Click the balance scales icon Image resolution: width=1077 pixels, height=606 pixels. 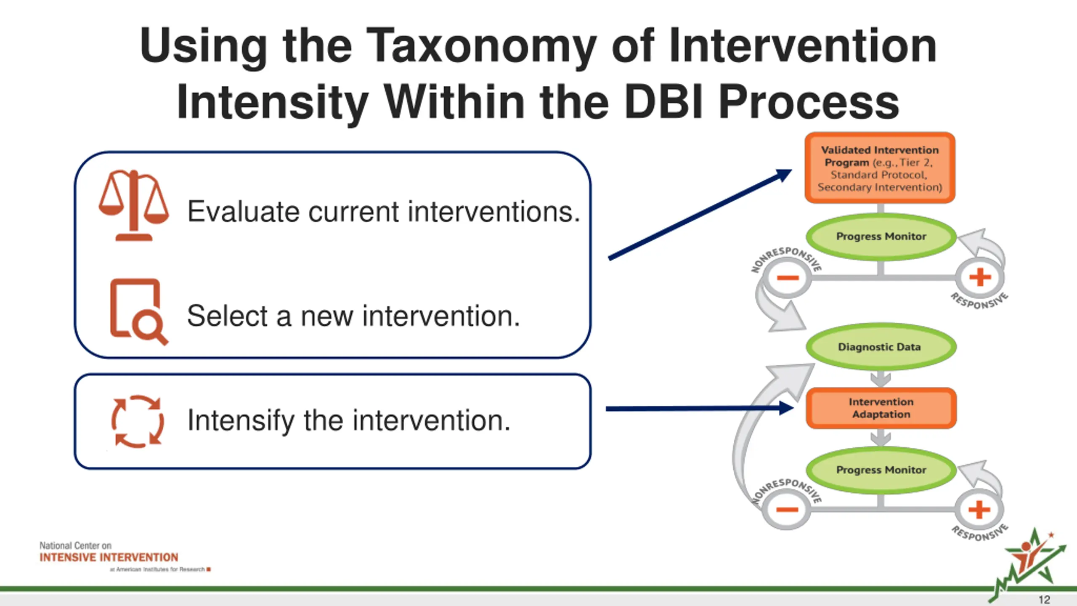click(134, 205)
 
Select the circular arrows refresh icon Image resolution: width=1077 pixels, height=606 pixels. click(137, 421)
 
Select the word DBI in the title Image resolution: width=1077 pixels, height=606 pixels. click(664, 102)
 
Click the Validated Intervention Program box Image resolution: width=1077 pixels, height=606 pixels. click(880, 168)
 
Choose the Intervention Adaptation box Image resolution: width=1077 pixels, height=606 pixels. click(881, 408)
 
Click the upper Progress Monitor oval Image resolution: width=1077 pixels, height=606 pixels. click(881, 237)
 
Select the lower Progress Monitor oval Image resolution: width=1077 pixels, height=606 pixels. click(881, 470)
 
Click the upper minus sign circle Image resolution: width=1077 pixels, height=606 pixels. click(788, 278)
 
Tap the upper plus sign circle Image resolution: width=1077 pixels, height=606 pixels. click(980, 277)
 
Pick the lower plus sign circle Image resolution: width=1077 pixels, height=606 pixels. click(979, 510)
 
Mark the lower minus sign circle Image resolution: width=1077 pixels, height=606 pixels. click(787, 510)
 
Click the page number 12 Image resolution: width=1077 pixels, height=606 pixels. click(1044, 599)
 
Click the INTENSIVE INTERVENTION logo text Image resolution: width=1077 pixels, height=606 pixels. click(109, 557)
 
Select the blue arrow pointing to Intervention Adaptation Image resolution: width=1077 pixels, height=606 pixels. click(700, 408)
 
